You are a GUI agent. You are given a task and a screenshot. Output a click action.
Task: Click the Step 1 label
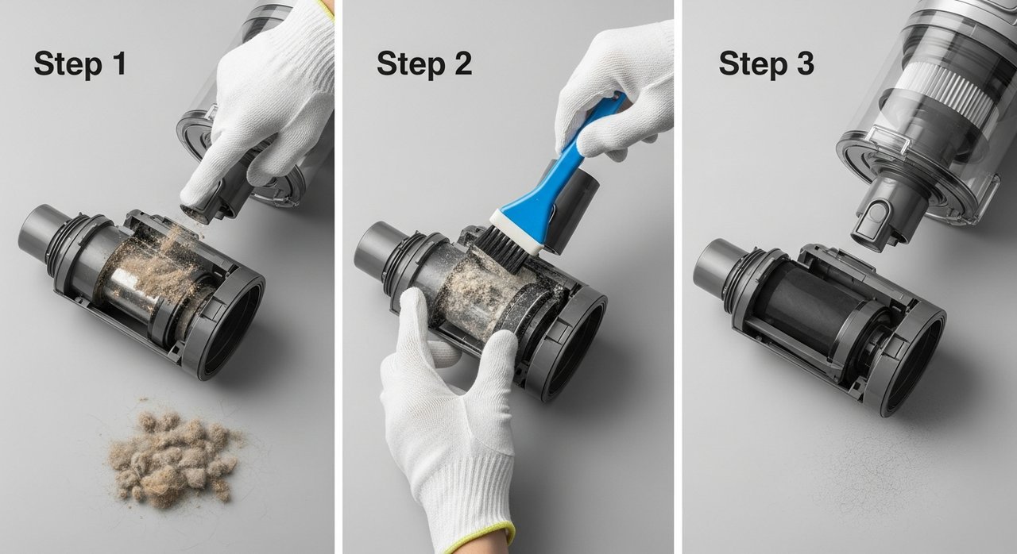[x=80, y=64]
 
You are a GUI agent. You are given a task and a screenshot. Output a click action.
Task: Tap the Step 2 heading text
[x=424, y=64]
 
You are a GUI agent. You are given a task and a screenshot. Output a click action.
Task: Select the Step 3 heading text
[x=767, y=64]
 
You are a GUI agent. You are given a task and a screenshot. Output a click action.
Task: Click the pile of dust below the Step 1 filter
[x=175, y=458]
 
